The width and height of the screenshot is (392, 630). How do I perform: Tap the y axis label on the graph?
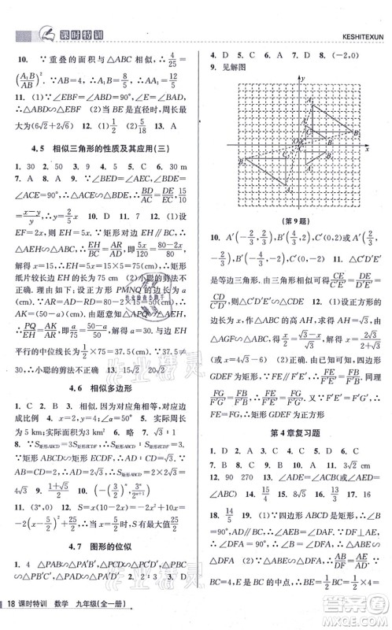tap(302, 80)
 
